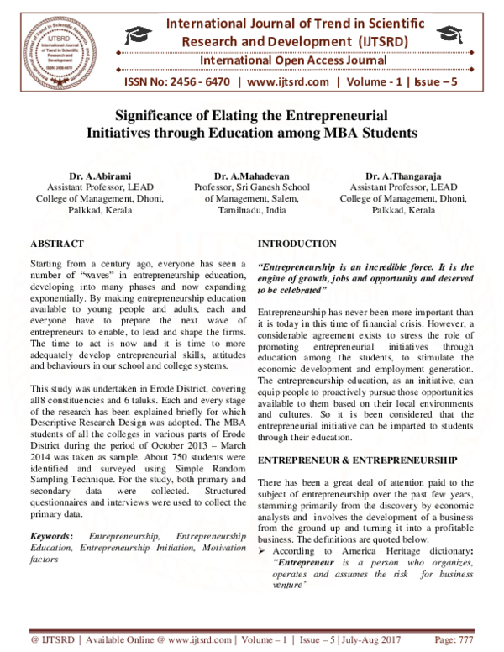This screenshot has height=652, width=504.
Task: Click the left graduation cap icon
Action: click(x=135, y=34)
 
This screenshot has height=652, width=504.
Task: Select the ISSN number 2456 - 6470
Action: click(x=194, y=82)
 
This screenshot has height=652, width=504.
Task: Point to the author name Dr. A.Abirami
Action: click(x=99, y=176)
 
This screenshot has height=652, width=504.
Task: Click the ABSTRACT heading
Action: click(x=56, y=244)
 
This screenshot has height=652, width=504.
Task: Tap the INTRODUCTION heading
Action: click(x=297, y=244)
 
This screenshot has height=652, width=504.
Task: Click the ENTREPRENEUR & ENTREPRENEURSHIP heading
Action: click(x=357, y=460)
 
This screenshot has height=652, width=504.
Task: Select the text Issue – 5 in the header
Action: click(x=438, y=82)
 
